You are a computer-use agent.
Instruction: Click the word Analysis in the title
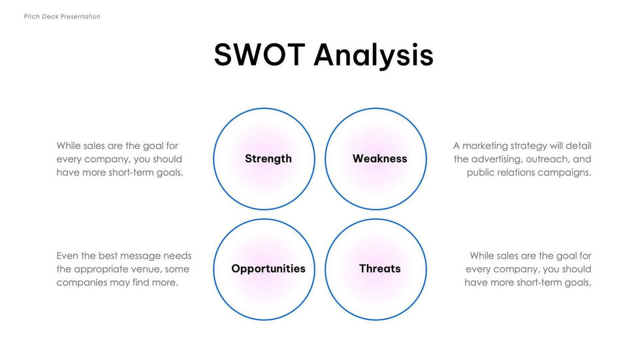[x=374, y=56]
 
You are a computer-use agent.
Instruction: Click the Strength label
[x=268, y=158]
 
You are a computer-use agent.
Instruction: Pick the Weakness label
[x=380, y=158]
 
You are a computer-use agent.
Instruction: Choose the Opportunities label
[x=268, y=269]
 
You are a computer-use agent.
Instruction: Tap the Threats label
[x=380, y=269]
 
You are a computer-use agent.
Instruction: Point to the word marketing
[x=485, y=146]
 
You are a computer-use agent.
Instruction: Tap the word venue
[x=148, y=269]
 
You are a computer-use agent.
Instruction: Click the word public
[x=479, y=172]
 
